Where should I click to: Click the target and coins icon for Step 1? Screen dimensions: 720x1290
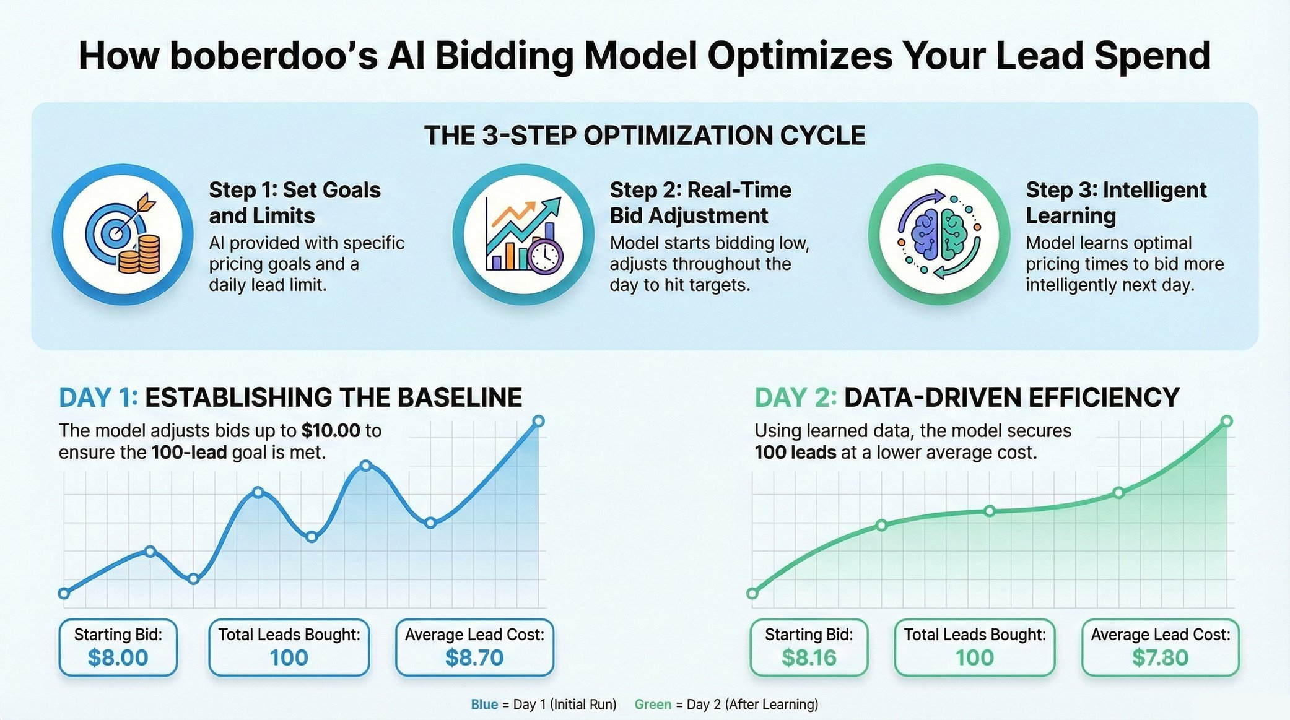(123, 234)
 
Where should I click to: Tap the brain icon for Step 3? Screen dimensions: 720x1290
(939, 234)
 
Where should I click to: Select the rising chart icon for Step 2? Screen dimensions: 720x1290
(523, 234)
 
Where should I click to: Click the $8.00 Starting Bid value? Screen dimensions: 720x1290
(118, 657)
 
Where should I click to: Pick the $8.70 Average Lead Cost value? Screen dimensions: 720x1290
(474, 657)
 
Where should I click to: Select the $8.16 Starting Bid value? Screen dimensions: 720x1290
(809, 657)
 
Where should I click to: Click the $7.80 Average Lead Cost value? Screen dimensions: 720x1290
(1160, 657)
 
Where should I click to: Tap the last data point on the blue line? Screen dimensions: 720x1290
(538, 421)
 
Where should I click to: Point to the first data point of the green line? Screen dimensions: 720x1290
(752, 593)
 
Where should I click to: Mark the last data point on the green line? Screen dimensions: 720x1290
(1226, 421)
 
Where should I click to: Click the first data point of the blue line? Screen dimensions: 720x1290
(63, 593)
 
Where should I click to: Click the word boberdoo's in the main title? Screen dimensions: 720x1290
(273, 56)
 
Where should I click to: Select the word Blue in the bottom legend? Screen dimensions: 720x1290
(484, 705)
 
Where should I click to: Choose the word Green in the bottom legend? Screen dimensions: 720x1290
(653, 705)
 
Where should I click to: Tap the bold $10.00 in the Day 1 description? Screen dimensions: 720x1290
(331, 431)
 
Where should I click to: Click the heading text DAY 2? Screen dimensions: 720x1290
(795, 397)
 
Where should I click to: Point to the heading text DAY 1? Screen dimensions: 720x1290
(98, 397)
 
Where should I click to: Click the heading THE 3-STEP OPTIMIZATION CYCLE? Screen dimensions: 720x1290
(645, 136)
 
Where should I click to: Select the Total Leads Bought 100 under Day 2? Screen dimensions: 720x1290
(974, 657)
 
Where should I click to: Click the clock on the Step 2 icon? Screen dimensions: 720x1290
(545, 255)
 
